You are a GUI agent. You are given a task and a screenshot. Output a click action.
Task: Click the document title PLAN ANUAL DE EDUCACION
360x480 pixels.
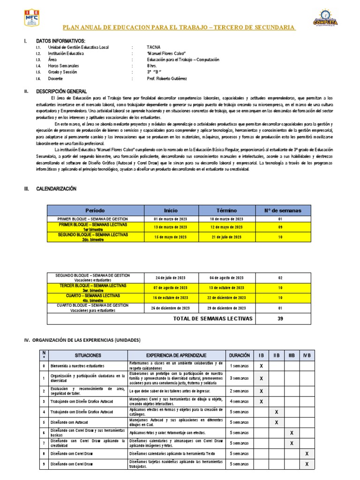180,28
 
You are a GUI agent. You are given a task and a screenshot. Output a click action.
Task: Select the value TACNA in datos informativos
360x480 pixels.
153,48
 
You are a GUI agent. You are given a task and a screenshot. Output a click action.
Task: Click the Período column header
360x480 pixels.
95,210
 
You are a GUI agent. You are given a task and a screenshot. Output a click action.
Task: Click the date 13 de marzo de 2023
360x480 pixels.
170,227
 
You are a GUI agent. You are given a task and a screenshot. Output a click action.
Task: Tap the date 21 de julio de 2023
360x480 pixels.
227,237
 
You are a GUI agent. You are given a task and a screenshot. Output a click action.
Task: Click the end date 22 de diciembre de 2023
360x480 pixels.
227,298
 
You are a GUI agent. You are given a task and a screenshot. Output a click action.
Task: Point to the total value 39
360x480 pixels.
281,318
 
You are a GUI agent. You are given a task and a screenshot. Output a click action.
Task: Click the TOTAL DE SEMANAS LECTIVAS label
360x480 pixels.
213,318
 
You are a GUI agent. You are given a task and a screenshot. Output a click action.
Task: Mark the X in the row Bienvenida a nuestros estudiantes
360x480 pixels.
261,366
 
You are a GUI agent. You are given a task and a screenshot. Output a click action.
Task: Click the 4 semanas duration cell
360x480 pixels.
240,401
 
